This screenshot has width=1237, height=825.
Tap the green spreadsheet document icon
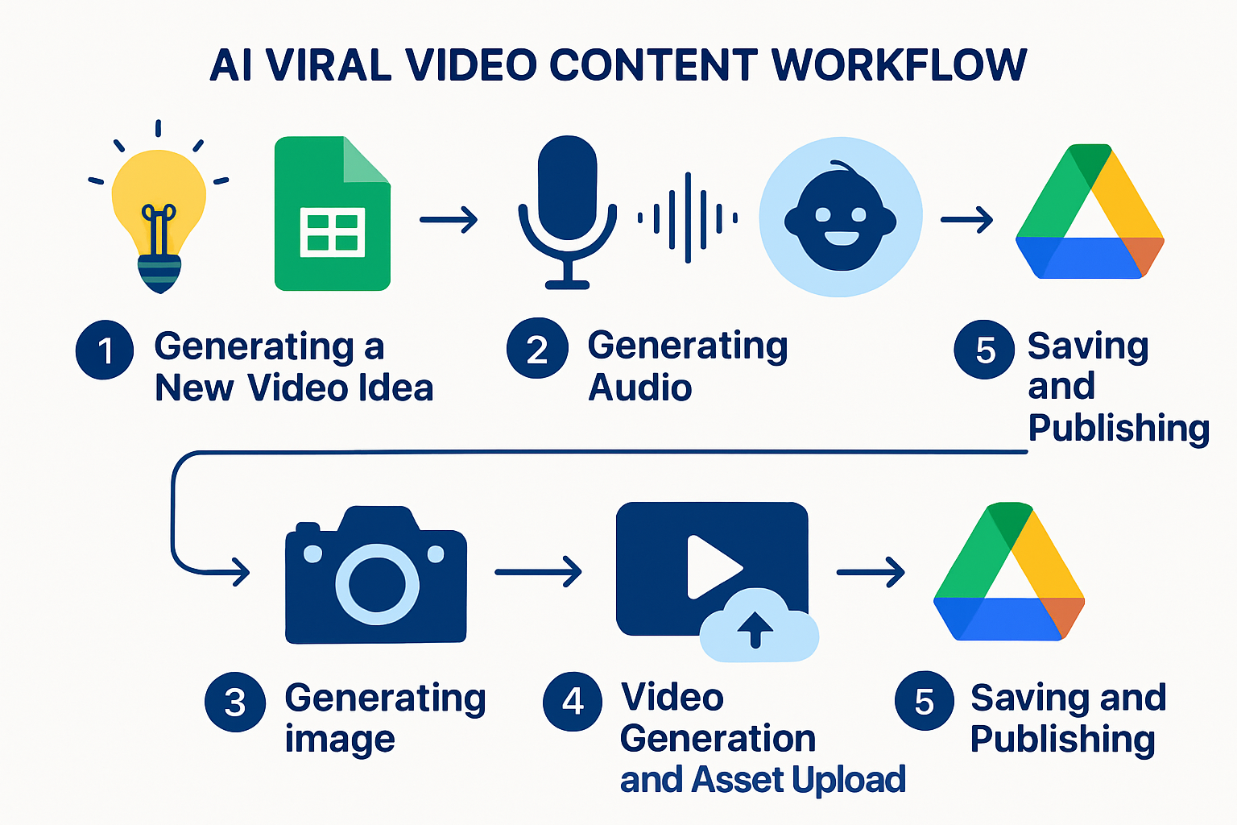click(x=333, y=214)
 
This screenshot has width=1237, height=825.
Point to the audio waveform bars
click(x=688, y=218)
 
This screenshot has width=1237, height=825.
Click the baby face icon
click(x=841, y=217)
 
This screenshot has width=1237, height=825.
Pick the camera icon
click(x=376, y=574)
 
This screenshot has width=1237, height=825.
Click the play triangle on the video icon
click(x=714, y=566)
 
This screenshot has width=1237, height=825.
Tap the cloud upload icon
click(x=759, y=626)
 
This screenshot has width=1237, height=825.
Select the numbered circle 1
click(x=105, y=350)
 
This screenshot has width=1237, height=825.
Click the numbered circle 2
click(x=537, y=348)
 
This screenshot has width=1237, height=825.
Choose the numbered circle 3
click(x=235, y=702)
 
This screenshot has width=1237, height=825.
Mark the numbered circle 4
click(x=573, y=702)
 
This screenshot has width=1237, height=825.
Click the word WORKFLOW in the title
click(x=899, y=65)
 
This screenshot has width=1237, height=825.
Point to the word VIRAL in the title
click(x=329, y=65)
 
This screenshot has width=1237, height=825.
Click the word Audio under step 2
click(x=639, y=388)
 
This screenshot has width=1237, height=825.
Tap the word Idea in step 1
click(x=396, y=388)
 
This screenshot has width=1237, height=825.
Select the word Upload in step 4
click(x=848, y=780)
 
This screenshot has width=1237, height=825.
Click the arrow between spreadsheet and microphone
click(x=449, y=220)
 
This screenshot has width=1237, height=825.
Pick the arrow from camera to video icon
click(x=538, y=572)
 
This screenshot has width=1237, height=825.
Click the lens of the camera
click(x=377, y=584)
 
